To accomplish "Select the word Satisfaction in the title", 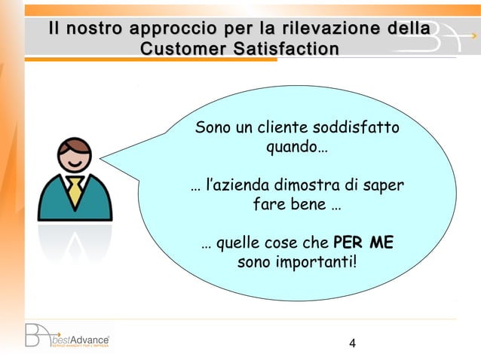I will (281, 49).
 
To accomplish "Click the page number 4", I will (352, 345).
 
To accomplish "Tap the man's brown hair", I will (75, 144).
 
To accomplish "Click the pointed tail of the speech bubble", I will (113, 159).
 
